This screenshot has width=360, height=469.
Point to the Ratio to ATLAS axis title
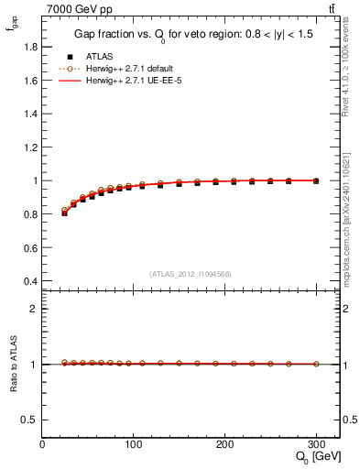point(12,364)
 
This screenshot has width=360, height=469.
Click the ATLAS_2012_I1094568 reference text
point(191,273)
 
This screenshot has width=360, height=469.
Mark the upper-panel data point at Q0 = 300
point(316,180)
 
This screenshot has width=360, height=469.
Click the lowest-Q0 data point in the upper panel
point(64,212)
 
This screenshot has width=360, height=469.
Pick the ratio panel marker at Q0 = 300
point(316,364)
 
